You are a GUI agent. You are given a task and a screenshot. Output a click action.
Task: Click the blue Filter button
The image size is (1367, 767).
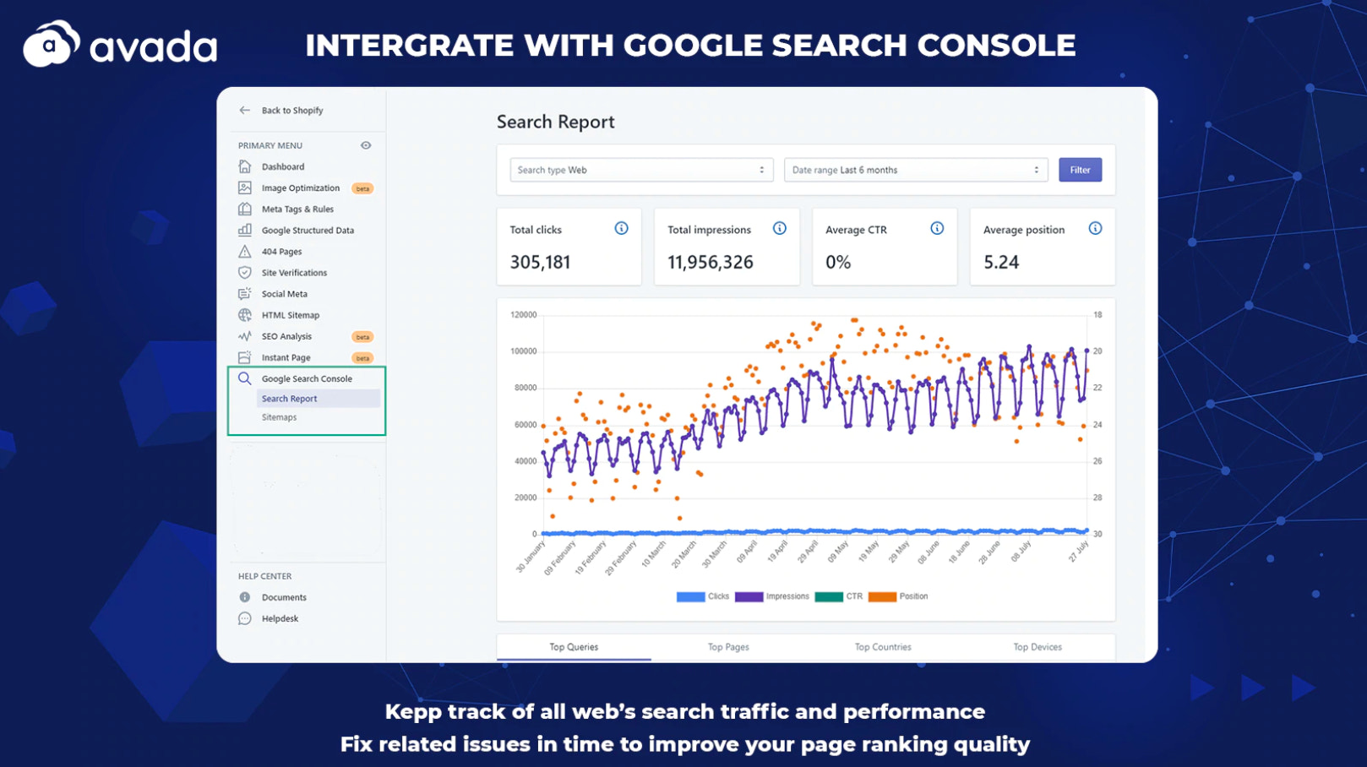pos(1080,170)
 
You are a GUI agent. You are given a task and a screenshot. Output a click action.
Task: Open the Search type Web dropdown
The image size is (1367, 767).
pos(640,170)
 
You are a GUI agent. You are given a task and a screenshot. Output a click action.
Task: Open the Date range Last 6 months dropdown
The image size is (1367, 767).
pos(915,170)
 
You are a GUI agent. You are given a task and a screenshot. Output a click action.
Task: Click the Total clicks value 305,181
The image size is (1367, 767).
pos(540,263)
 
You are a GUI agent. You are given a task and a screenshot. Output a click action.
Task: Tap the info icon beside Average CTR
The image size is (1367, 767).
pos(937,228)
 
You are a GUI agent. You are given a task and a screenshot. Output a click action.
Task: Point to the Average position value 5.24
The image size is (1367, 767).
pos(1001,263)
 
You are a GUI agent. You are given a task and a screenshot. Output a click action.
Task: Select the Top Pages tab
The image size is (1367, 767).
pos(728,647)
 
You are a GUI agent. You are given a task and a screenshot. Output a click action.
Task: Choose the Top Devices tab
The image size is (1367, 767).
pos(1037,647)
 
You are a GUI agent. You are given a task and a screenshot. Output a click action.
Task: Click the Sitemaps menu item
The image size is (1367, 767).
pos(279,417)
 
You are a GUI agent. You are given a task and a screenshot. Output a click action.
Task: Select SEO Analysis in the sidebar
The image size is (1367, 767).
pos(286,336)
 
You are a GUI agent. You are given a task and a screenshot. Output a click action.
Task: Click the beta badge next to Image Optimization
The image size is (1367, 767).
pos(362,188)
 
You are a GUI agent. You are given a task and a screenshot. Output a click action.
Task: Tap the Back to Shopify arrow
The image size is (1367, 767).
pos(245,110)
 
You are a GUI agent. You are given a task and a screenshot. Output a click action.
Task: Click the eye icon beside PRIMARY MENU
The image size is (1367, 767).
pos(366,145)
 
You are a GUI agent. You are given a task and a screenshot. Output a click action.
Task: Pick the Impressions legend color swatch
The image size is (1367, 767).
pos(749,596)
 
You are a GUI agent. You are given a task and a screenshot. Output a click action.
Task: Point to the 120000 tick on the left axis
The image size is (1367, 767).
pos(523,315)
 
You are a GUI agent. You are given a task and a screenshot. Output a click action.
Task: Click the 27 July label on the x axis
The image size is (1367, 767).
pos(1079,552)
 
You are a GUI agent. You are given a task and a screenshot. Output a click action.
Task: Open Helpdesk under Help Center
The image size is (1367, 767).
pos(280,618)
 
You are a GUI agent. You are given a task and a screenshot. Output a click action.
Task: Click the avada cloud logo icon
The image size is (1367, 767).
pos(51,44)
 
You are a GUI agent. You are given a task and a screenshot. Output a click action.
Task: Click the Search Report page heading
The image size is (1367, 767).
pos(555,122)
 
